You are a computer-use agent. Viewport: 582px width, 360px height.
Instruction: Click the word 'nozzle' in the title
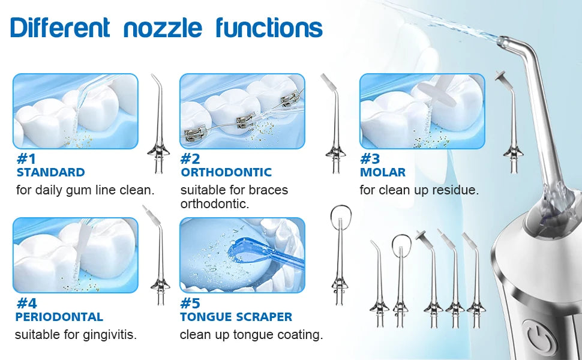(x=163, y=28)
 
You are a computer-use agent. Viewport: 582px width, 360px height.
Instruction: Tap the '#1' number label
(x=26, y=159)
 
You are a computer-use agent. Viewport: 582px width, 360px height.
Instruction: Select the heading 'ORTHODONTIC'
(x=226, y=172)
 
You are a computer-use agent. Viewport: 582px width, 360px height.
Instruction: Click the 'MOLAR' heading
(x=383, y=172)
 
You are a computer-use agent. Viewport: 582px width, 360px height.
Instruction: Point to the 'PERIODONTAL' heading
(x=59, y=317)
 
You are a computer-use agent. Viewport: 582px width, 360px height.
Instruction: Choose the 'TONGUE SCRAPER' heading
(x=236, y=317)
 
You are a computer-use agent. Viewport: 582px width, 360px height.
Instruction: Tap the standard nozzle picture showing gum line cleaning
(x=76, y=112)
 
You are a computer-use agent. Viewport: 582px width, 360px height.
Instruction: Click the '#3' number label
(x=370, y=159)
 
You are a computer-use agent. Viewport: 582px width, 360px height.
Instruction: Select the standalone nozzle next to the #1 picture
(x=159, y=124)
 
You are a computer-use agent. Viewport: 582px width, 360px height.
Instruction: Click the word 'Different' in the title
(x=60, y=28)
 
